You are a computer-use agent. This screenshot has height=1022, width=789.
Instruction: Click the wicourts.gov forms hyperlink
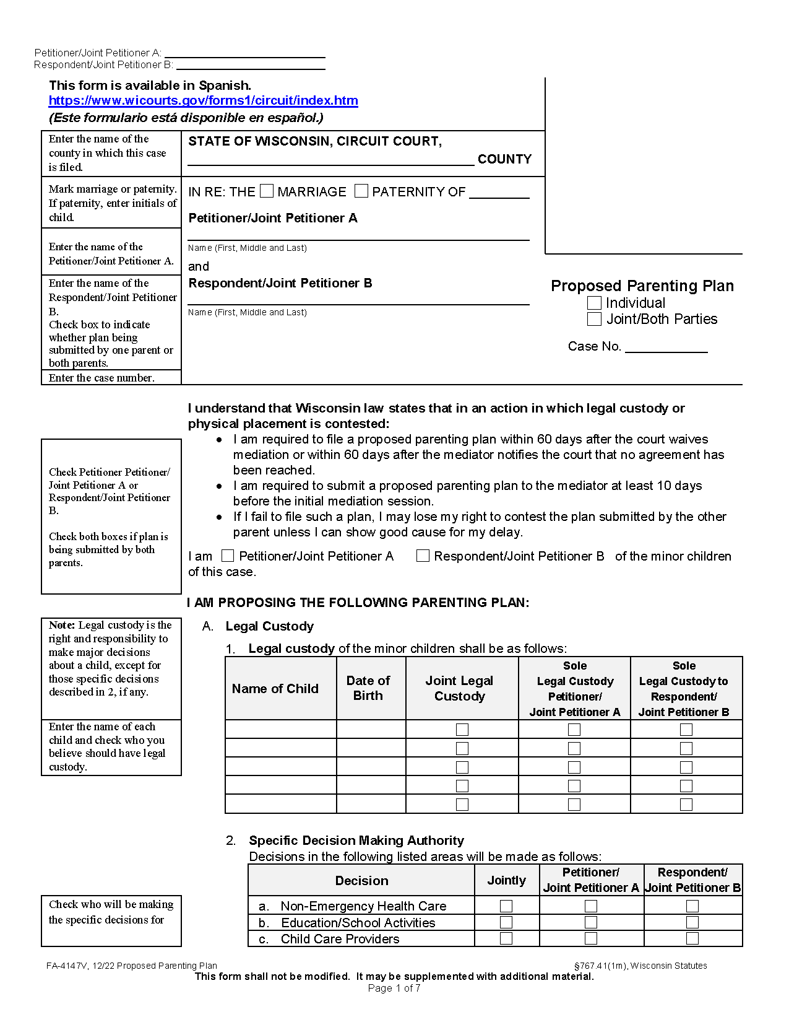203,101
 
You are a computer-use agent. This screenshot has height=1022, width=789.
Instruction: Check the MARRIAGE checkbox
267,191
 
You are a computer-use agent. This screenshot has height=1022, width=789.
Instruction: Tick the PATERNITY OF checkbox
361,191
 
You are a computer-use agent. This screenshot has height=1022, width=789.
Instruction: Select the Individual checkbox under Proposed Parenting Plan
594,303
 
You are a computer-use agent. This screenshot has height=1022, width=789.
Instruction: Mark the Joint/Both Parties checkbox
594,319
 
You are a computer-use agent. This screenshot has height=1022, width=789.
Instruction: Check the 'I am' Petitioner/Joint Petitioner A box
228,556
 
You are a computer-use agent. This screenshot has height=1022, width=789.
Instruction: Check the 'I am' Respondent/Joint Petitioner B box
423,556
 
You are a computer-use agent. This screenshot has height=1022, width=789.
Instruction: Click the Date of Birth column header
368,688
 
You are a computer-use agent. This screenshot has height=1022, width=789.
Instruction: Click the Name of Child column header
275,689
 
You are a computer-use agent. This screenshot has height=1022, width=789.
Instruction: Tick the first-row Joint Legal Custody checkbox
462,730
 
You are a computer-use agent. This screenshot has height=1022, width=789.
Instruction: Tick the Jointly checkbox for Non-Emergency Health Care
506,906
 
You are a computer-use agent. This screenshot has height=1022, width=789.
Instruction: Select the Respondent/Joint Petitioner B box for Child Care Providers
692,938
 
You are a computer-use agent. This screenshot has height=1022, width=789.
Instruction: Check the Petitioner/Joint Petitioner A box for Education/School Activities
591,922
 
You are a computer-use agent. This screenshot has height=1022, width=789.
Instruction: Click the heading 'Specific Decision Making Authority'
356,841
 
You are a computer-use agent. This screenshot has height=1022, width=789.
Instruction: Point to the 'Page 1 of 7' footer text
394,988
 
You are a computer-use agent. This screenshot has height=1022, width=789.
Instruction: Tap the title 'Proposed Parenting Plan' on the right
642,286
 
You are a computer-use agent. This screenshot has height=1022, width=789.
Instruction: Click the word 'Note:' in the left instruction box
62,625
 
